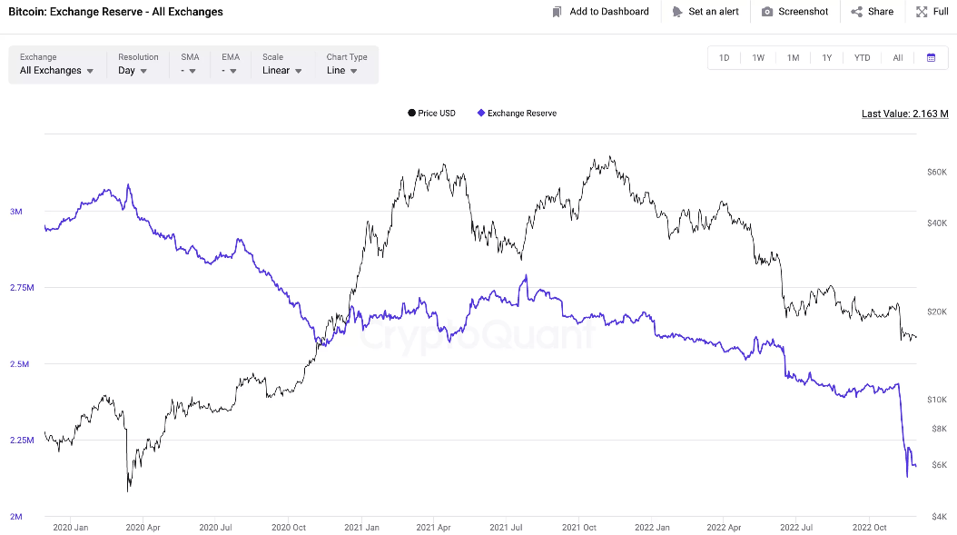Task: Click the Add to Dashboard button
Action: pyautogui.click(x=600, y=12)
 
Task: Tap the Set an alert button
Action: pyautogui.click(x=705, y=12)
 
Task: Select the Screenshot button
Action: pyautogui.click(x=794, y=12)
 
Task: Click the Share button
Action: pyautogui.click(x=872, y=12)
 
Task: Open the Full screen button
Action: pyautogui.click(x=932, y=12)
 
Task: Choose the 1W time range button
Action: pyautogui.click(x=758, y=58)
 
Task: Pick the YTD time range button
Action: pyautogui.click(x=862, y=58)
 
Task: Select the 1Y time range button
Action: pyautogui.click(x=827, y=58)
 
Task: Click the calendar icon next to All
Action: pyautogui.click(x=931, y=58)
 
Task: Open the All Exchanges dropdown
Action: pyautogui.click(x=57, y=70)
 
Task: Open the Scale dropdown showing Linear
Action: pyautogui.click(x=282, y=70)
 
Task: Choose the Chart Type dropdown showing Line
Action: pyautogui.click(x=342, y=70)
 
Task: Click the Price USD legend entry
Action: pyautogui.click(x=432, y=114)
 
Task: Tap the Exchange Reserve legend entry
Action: pyautogui.click(x=517, y=114)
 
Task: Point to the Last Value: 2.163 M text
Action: pyautogui.click(x=904, y=114)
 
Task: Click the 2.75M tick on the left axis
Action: pyautogui.click(x=22, y=288)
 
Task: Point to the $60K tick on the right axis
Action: pyautogui.click(x=936, y=172)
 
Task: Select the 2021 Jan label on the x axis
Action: pyautogui.click(x=361, y=527)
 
